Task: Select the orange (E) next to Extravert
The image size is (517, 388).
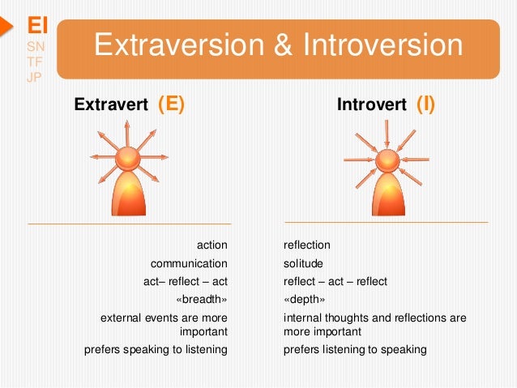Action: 171,104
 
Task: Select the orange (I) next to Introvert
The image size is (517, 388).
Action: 425,104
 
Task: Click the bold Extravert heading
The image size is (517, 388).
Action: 111,104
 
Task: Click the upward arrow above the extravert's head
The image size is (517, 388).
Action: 127,132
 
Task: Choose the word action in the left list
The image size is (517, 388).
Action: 212,244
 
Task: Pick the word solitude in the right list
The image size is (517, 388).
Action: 303,263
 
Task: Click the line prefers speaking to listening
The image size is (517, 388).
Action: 156,350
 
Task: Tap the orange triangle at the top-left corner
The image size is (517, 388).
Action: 5,25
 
